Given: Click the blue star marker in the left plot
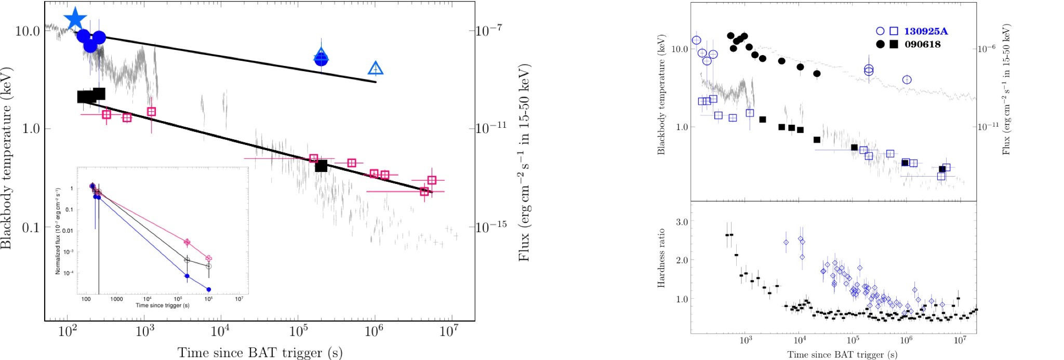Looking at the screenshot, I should point(75,19).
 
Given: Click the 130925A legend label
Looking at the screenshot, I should point(926,31).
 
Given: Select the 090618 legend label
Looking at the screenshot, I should point(922,44).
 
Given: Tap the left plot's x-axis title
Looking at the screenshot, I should point(260,353).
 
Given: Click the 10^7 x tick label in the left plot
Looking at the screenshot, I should point(449,330).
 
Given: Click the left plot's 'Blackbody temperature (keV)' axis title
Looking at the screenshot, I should point(6,158).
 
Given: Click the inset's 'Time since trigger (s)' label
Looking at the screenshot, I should point(162,305).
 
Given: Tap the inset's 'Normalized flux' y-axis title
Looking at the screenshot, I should point(58,231).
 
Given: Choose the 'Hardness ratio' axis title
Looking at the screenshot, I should point(661,258).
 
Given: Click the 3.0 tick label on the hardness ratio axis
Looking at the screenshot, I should point(682,222).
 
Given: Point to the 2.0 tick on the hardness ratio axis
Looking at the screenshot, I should point(682,260).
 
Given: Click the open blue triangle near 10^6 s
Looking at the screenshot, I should point(375,68).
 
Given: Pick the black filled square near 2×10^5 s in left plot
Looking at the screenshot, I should point(321,166).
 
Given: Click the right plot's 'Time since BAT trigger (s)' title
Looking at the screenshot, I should point(842,355).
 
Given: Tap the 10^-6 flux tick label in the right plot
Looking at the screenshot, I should point(987,48).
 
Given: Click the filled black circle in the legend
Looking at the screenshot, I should point(880,44).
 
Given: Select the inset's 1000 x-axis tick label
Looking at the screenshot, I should point(116,299).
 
